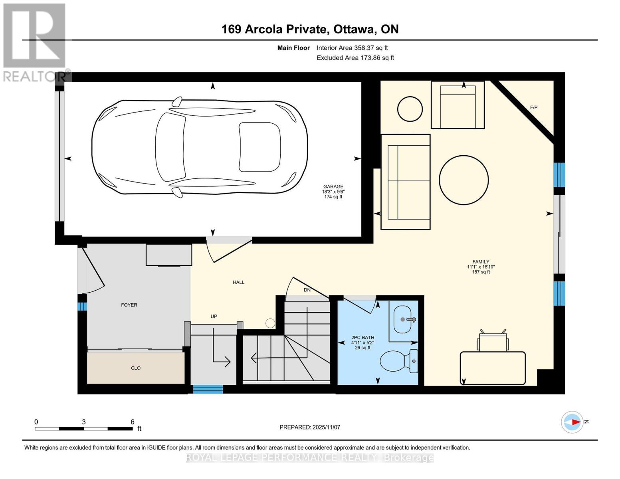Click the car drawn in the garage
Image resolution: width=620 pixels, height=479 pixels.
200,148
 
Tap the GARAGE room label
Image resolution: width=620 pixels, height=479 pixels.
333,186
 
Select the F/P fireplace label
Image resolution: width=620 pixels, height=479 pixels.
533,107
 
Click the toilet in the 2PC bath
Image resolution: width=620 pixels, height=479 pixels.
398,361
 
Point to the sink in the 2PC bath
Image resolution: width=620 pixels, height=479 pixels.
402,319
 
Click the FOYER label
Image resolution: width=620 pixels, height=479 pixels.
129,305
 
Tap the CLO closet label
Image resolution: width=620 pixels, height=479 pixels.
136,368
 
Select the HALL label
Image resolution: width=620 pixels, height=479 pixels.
238,282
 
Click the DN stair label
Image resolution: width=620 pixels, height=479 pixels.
307,290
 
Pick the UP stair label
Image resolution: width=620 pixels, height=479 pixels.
214,316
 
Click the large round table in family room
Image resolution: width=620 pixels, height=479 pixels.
464,180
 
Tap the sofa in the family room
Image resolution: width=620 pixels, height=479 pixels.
405,182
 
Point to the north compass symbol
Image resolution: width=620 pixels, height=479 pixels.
572,422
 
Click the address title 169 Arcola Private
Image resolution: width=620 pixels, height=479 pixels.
310,29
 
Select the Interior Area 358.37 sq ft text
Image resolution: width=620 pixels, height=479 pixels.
352,48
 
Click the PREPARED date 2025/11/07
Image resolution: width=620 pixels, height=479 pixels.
310,427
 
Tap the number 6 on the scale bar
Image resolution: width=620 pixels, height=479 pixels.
133,422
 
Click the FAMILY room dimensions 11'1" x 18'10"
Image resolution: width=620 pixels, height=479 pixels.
481,267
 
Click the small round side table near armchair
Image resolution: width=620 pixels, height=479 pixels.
410,109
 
